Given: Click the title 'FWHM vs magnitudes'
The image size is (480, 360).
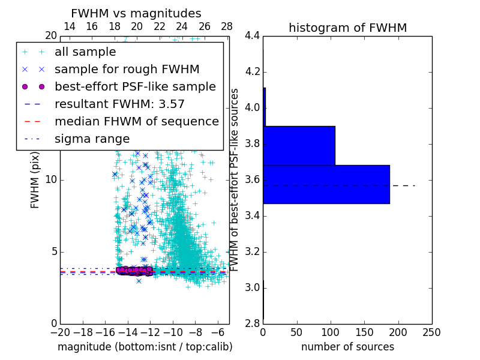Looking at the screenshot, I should coord(136,13).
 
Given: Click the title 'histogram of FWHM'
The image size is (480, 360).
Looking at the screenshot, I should coord(347,28).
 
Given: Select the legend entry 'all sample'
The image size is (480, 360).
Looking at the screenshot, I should coord(85,52).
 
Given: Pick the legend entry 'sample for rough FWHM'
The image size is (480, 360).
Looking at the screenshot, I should coord(127,69).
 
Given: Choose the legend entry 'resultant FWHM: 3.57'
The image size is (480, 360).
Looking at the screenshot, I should coord(119,104).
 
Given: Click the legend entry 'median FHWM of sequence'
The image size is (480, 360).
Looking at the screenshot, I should coord(136,121).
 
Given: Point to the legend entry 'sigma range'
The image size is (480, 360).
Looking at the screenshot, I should coord(92,139).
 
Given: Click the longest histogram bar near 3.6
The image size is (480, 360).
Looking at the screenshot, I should coord(326,184).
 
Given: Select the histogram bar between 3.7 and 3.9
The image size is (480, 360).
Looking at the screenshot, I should coord(299,145).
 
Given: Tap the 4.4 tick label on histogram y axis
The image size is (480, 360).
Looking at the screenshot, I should coord(252,36).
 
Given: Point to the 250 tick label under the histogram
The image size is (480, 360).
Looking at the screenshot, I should coord(431,332).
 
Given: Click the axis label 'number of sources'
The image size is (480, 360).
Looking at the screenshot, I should coord(347,347).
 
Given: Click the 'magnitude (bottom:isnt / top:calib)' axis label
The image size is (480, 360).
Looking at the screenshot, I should coord(145,347).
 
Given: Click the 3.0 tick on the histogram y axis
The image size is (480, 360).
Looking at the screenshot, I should coord(252,287).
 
